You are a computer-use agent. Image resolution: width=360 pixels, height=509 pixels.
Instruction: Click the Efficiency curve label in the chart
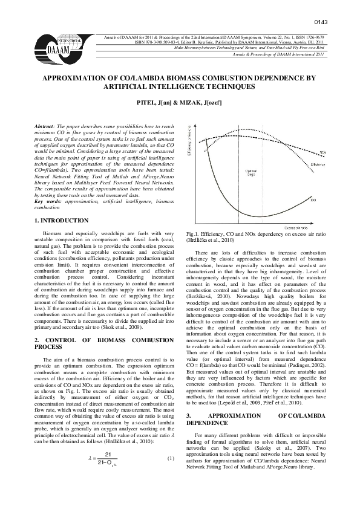pos(318,164)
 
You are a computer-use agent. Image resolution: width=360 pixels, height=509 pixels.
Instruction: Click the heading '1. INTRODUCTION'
pos(59,222)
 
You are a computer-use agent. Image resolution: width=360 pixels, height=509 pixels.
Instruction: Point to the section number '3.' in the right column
pos(189,416)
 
